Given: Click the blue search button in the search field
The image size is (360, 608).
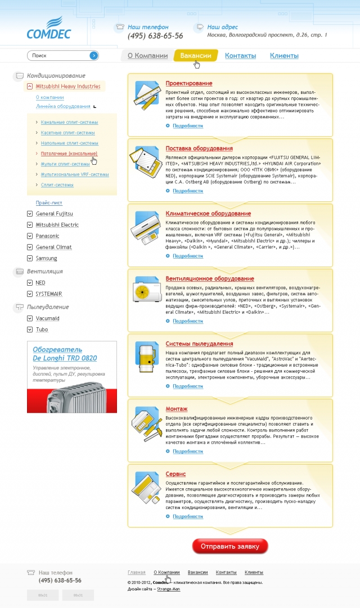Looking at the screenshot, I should coord(93,56).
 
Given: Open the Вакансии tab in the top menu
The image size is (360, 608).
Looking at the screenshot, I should coord(196,56).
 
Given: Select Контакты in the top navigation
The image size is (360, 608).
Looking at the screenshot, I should coord(240,56).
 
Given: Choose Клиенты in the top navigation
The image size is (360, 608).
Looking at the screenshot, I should coord(284,56).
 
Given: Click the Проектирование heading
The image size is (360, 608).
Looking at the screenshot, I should coord(189,83).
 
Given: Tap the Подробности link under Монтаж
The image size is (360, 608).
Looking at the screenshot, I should coord(187,451).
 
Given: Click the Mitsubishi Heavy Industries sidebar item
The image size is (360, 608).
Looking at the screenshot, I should coord(67,87).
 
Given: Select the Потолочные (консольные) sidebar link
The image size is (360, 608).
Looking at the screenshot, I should coord(69,154).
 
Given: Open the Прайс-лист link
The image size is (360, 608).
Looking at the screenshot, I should coord(49,202).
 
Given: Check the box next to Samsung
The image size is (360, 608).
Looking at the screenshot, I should coord(30,258).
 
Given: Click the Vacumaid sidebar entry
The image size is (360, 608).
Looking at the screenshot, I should coord(47,318).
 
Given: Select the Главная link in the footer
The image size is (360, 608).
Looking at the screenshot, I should coord(136,572).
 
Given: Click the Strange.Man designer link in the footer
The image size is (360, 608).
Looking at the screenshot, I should coord(168,589).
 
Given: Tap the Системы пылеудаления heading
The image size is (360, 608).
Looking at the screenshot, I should coord(199,344).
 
